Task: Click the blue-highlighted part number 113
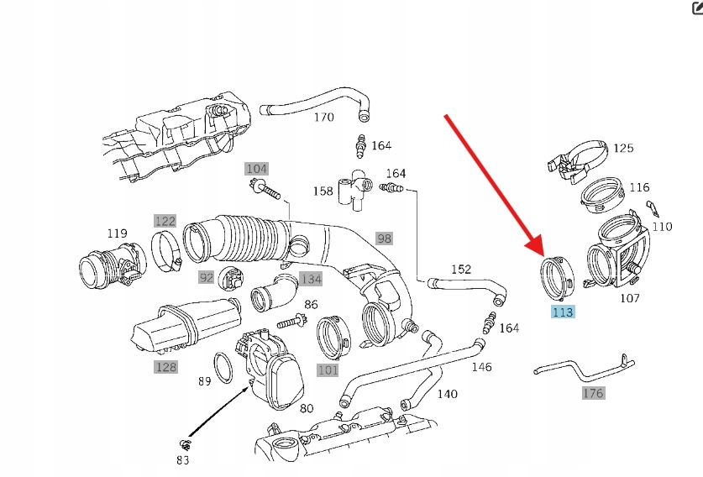click(563, 312)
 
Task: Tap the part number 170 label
click(323, 117)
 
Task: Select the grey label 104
click(256, 169)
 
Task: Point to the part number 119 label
click(116, 233)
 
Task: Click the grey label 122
click(165, 221)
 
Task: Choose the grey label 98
click(384, 238)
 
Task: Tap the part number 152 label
click(461, 269)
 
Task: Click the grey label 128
click(166, 366)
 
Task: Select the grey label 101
click(328, 370)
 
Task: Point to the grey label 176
click(593, 392)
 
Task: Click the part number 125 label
click(623, 149)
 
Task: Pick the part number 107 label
click(629, 297)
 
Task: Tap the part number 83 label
click(183, 460)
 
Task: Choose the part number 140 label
click(447, 393)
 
